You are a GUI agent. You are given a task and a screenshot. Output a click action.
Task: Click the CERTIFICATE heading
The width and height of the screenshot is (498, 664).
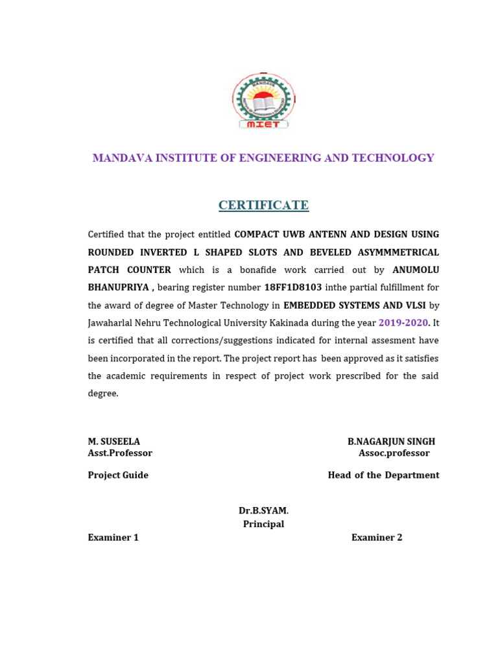263,206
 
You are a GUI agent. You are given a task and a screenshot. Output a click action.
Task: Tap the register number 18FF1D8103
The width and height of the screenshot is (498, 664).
293,287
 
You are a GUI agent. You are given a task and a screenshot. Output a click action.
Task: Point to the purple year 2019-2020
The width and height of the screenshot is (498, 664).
404,322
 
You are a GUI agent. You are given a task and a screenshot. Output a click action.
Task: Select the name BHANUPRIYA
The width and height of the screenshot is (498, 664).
118,287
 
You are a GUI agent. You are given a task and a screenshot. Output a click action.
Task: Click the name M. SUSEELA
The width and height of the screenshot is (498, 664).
114,442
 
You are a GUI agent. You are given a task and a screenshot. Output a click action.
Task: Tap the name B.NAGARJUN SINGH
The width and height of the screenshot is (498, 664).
391,442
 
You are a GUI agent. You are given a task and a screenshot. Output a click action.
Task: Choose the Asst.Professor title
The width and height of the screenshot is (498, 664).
120,453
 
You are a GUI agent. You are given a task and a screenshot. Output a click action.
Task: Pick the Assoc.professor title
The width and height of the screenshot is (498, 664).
394,453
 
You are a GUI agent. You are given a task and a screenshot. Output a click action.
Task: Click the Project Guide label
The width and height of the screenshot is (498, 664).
118,475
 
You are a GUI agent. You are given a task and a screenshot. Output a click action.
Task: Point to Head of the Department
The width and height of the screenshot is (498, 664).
383,475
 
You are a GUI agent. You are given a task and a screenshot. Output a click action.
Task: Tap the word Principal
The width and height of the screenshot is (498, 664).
263,524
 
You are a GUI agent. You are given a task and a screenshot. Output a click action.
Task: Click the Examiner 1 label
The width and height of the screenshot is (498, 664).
113,538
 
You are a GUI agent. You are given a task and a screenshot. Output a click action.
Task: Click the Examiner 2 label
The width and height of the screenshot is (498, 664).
377,538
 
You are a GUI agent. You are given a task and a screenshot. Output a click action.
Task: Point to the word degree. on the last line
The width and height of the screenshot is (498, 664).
103,394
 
